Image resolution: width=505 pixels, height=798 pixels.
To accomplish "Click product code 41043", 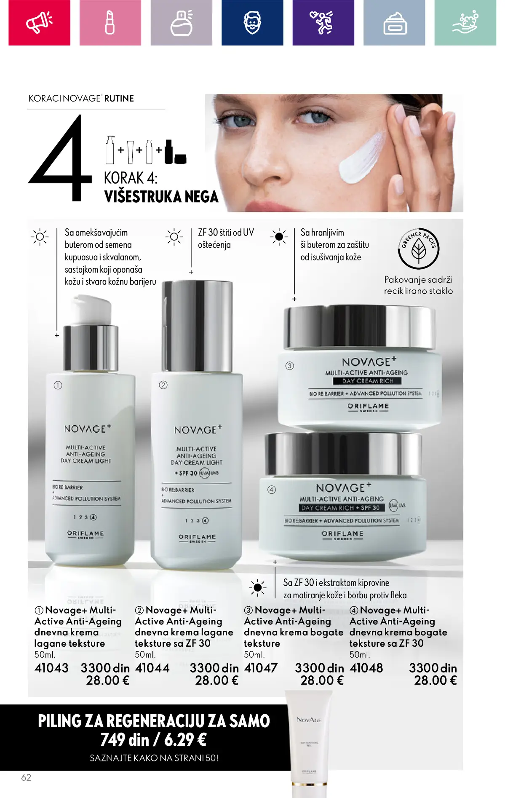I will [51, 668].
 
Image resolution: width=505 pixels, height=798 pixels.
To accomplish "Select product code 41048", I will [366, 668].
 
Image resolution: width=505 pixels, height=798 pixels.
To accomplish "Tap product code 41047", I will [261, 668].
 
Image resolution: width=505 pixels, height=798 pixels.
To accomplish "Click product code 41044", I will [152, 668].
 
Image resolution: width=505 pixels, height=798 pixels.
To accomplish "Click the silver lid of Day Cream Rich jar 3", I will [359, 328].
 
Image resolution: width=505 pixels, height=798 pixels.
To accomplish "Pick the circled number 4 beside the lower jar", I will [272, 490].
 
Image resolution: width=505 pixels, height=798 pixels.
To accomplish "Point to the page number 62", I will [26, 777].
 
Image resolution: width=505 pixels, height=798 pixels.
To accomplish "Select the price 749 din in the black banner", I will [125, 740].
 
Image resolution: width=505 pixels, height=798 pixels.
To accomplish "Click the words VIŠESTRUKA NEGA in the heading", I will [161, 197].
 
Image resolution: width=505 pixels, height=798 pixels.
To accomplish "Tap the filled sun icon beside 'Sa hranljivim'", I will [279, 237].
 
